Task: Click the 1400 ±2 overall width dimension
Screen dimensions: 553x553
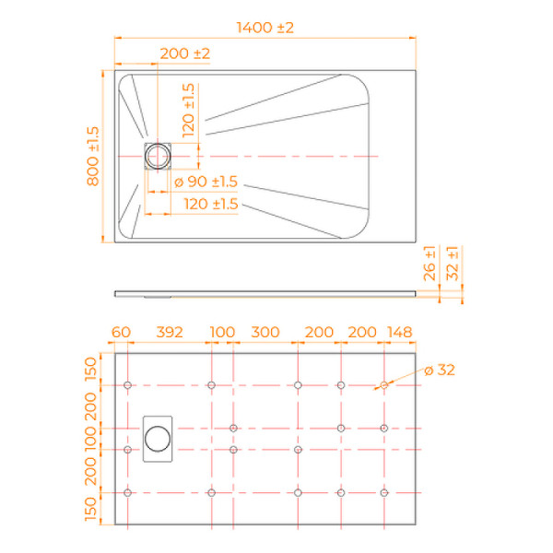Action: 264,29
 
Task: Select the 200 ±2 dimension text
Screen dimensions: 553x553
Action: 184,54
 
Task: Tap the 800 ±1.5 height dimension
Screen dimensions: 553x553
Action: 92,156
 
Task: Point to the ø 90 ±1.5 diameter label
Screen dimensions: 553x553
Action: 206,182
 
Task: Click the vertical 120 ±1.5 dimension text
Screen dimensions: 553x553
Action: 188,111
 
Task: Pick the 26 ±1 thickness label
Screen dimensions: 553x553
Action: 429,265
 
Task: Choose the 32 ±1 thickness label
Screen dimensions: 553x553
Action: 452,265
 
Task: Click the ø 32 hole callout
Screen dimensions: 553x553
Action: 439,371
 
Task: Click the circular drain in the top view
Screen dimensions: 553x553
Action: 158,155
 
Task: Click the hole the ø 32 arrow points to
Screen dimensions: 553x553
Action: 383,384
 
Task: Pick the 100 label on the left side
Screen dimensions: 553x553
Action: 92,439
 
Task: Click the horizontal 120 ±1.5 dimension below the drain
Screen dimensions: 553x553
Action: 211,203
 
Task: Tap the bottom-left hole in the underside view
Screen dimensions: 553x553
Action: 128,492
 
